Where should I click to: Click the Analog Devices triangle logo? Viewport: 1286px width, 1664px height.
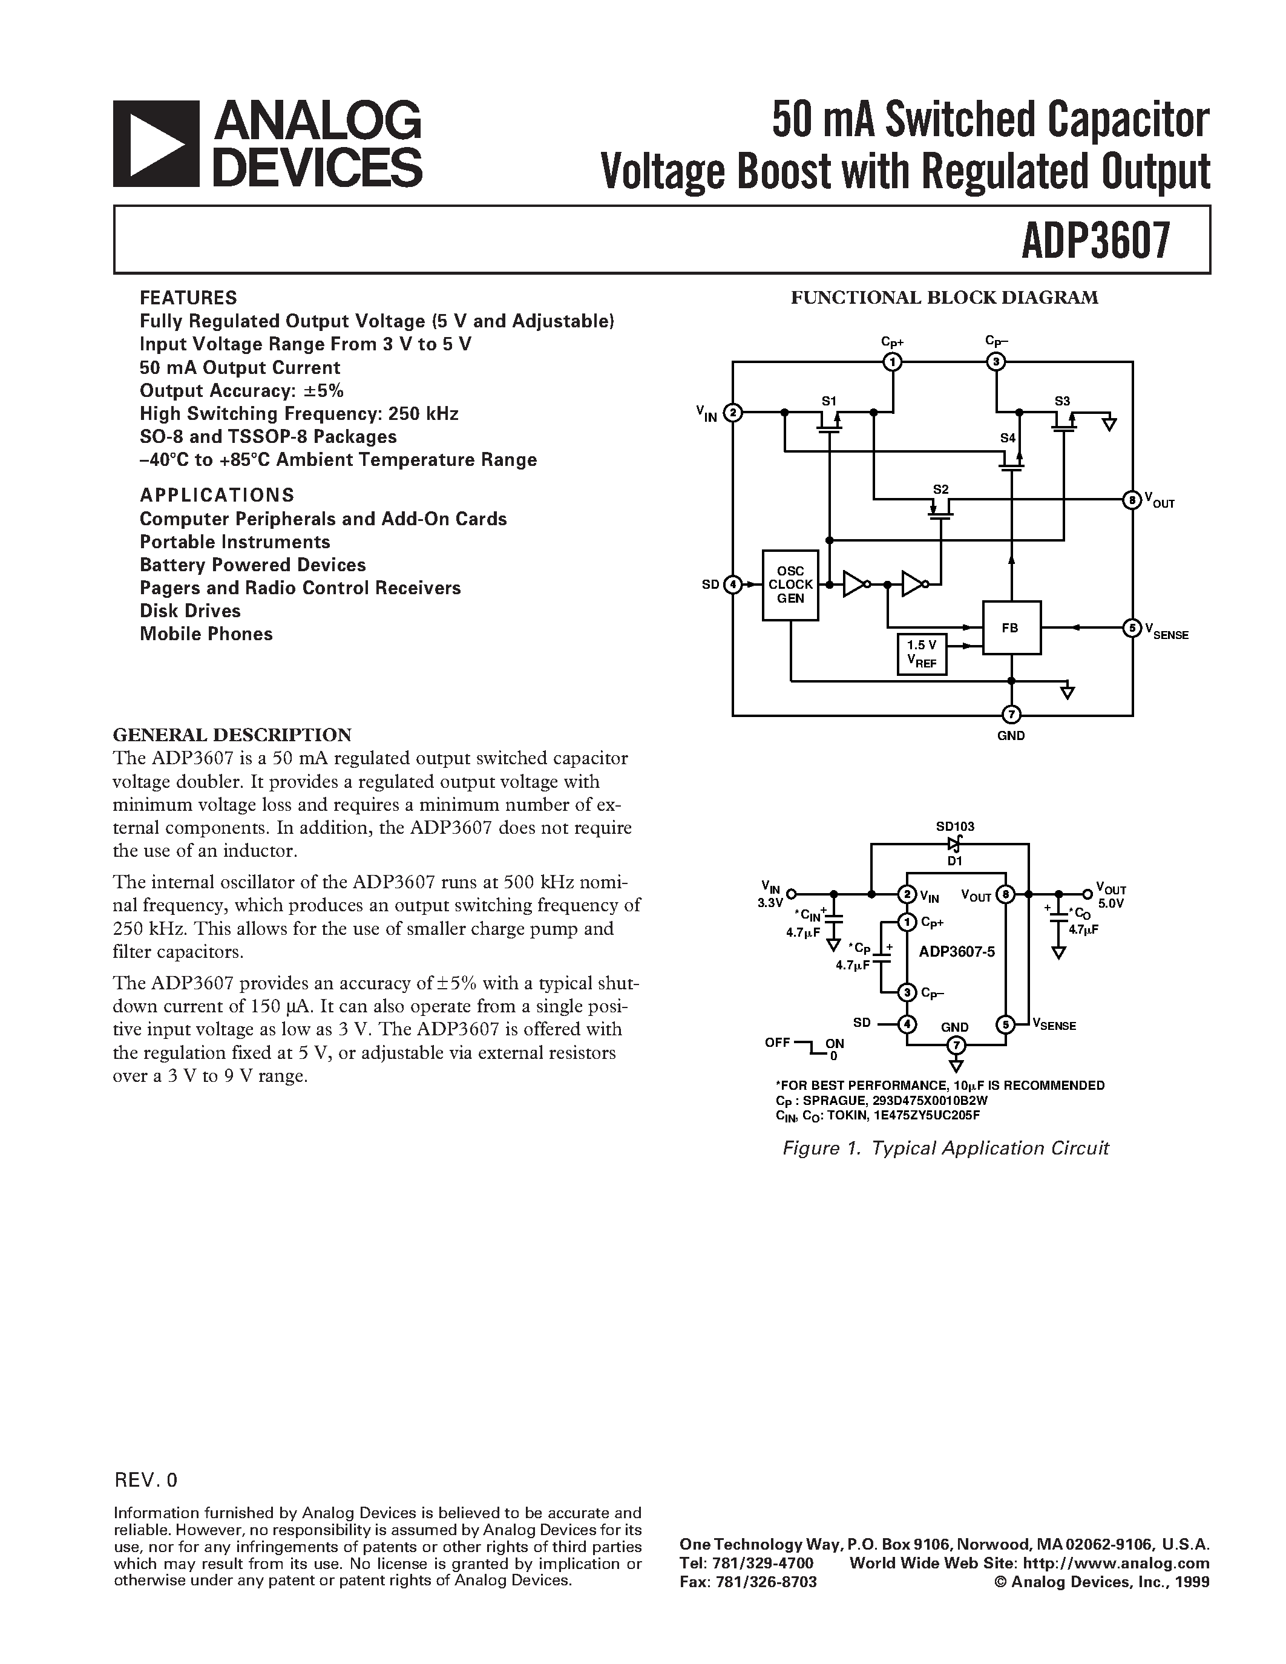[156, 144]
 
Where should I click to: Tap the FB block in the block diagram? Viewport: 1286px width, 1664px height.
[1010, 628]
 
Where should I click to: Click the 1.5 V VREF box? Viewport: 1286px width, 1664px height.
[922, 653]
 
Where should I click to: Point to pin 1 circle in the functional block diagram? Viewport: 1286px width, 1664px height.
[892, 362]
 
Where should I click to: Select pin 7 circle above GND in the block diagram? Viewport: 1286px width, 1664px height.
[1011, 715]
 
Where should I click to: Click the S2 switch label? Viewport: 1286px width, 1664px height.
[941, 489]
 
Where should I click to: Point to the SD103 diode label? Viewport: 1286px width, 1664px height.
[954, 827]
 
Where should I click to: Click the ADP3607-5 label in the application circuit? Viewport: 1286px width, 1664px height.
[957, 952]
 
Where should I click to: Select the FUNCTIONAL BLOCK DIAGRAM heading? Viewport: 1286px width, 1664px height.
[944, 298]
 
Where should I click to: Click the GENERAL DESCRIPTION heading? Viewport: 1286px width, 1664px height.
[232, 735]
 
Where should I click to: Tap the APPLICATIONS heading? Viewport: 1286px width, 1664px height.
[217, 495]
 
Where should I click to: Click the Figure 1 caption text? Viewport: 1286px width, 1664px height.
[945, 1148]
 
